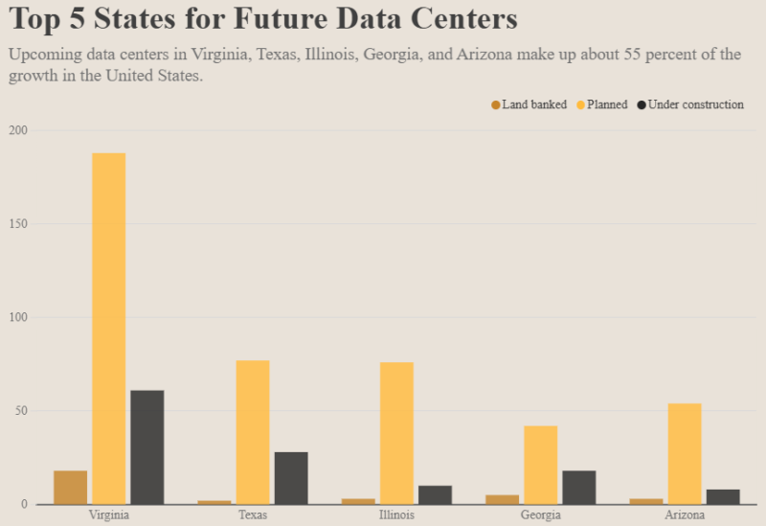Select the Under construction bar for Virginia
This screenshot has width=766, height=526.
pyautogui.click(x=147, y=446)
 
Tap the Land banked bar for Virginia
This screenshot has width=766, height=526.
pyautogui.click(x=71, y=487)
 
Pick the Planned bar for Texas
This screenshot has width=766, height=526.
pyautogui.click(x=253, y=432)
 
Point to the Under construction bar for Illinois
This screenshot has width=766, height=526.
pyautogui.click(x=435, y=494)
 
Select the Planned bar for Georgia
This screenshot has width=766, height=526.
pyautogui.click(x=540, y=465)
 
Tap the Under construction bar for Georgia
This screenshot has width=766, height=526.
pyautogui.click(x=578, y=487)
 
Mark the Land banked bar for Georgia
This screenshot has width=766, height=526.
pyautogui.click(x=502, y=499)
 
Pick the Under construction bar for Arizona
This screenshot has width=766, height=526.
pyautogui.click(x=723, y=496)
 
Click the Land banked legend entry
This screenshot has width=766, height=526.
pyautogui.click(x=529, y=104)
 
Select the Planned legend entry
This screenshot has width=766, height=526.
pyautogui.click(x=602, y=104)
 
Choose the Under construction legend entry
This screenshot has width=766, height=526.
pyautogui.click(x=690, y=104)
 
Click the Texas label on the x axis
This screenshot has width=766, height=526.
pyautogui.click(x=253, y=515)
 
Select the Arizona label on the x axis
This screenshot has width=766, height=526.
pyautogui.click(x=684, y=515)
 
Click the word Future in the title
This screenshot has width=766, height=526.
pyautogui.click(x=271, y=19)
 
